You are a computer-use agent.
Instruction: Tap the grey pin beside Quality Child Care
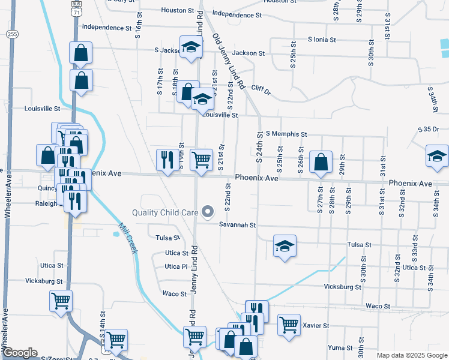pos(208,211)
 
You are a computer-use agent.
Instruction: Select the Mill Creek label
pos(128,238)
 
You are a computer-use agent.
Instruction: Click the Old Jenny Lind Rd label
pos(229,62)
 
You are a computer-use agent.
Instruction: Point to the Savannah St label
pos(237,225)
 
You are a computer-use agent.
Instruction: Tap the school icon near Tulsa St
pos(285,247)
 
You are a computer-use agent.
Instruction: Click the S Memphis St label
pos(286,134)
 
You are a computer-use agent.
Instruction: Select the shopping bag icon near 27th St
pos(321,161)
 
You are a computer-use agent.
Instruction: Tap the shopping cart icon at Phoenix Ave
pos(201,160)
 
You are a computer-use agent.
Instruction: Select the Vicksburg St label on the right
pos(342,287)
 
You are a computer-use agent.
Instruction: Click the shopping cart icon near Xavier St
pos(289,325)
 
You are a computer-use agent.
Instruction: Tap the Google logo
pos(20,353)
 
